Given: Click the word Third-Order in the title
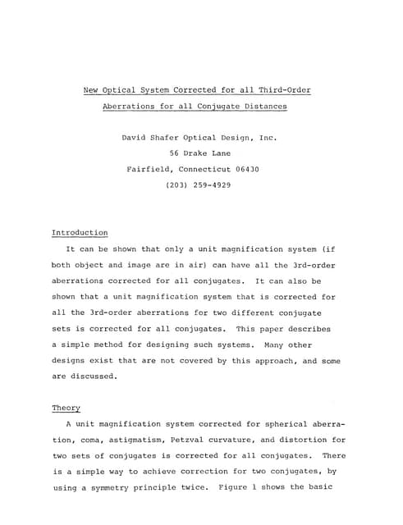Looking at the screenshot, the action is (x=282, y=89).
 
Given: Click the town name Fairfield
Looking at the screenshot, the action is (x=151, y=170).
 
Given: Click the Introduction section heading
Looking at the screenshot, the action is (x=80, y=233).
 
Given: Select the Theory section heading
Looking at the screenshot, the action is (x=66, y=408).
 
